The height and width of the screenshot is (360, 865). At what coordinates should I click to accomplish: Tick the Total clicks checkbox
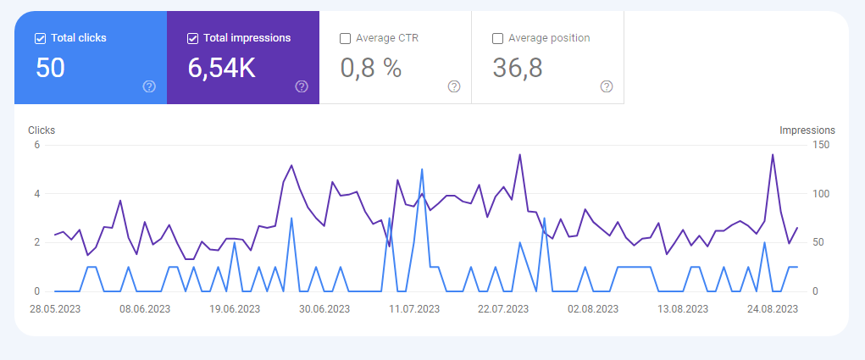click(x=40, y=39)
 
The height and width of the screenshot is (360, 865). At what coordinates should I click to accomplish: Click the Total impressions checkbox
click(x=192, y=39)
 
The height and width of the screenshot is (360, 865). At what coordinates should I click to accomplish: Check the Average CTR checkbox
click(x=346, y=39)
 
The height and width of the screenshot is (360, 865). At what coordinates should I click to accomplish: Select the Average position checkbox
click(x=497, y=39)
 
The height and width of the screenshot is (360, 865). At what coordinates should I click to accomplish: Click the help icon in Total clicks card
click(x=149, y=86)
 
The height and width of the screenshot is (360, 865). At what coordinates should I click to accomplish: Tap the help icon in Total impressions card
click(x=302, y=86)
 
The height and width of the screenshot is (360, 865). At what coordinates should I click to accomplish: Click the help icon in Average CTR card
click(x=454, y=86)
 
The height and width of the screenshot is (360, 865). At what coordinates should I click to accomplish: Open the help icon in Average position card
click(x=607, y=86)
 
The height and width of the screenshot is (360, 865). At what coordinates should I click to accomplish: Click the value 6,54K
click(x=222, y=68)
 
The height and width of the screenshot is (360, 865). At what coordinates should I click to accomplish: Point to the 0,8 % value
click(x=371, y=68)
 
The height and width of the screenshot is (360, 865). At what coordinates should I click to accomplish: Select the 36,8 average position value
click(x=518, y=68)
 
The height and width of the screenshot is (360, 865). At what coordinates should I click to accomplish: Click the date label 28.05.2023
click(x=55, y=308)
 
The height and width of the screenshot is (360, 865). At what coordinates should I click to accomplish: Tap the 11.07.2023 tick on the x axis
click(x=414, y=308)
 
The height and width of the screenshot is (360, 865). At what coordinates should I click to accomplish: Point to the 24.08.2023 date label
click(x=773, y=308)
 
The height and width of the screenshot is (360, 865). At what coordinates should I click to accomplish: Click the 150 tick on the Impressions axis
click(x=820, y=145)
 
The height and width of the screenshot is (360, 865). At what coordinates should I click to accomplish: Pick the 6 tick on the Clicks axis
click(x=37, y=145)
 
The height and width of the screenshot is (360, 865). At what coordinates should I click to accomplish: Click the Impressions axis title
click(x=807, y=130)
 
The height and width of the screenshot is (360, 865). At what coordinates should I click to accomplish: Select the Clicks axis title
click(x=42, y=130)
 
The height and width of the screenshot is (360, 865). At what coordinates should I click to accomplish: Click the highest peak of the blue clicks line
click(x=422, y=169)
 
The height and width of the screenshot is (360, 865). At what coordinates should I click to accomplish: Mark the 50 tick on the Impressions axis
click(x=818, y=242)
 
